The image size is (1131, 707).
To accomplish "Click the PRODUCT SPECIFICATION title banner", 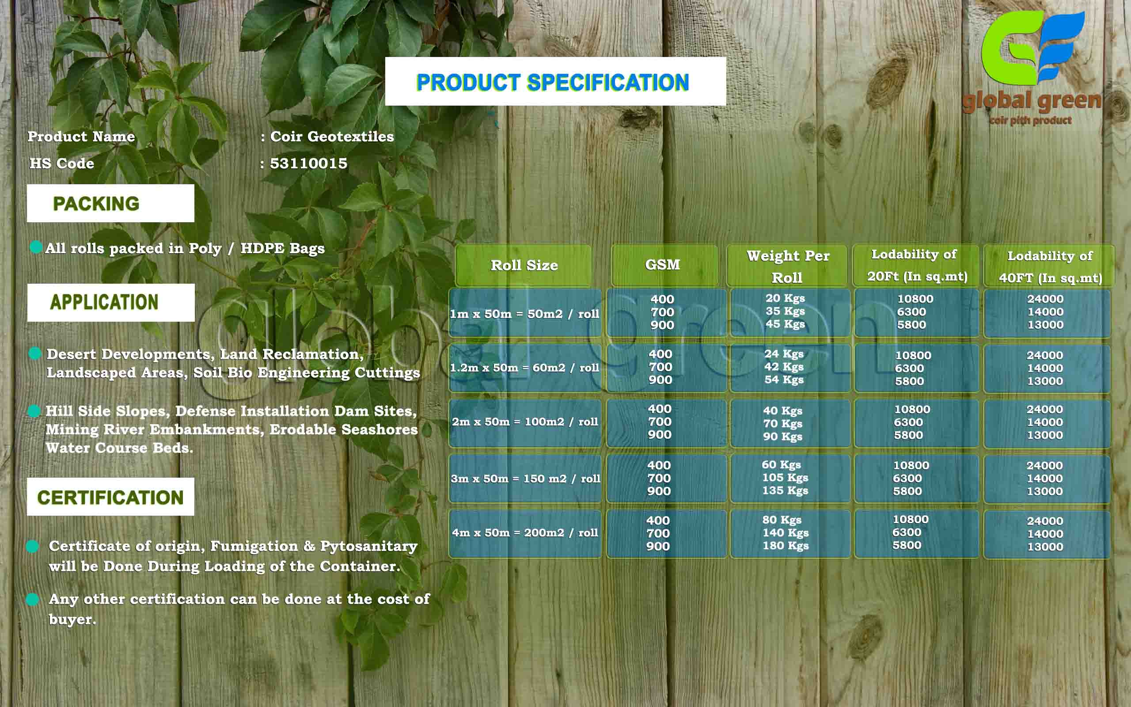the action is pyautogui.click(x=555, y=81).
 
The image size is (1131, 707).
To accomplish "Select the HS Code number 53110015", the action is pyautogui.click(x=309, y=163).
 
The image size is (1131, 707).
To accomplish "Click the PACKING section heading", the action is pyautogui.click(x=110, y=203).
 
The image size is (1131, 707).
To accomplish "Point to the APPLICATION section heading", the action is pyautogui.click(x=111, y=302).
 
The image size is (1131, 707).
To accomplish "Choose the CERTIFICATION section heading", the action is pyautogui.click(x=110, y=497).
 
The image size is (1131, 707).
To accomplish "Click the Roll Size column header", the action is pyautogui.click(x=524, y=265).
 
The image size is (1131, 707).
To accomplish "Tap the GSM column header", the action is pyautogui.click(x=664, y=265).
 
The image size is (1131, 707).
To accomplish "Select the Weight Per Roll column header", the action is pyautogui.click(x=787, y=266).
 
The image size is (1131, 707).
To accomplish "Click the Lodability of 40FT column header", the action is pyautogui.click(x=1050, y=266).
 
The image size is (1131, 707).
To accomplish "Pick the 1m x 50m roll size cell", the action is pyautogui.click(x=525, y=313).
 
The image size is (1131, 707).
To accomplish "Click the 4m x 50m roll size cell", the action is pyautogui.click(x=525, y=532).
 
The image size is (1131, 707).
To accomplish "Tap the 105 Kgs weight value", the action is pyautogui.click(x=785, y=477).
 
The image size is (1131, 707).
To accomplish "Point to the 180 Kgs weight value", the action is pyautogui.click(x=786, y=545).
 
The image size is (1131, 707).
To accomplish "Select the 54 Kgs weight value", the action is pyautogui.click(x=784, y=379).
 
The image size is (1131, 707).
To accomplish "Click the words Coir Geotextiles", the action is pyautogui.click(x=332, y=137).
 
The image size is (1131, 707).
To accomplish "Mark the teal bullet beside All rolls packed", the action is pyautogui.click(x=36, y=247).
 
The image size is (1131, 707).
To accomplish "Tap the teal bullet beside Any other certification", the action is pyautogui.click(x=32, y=599).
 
